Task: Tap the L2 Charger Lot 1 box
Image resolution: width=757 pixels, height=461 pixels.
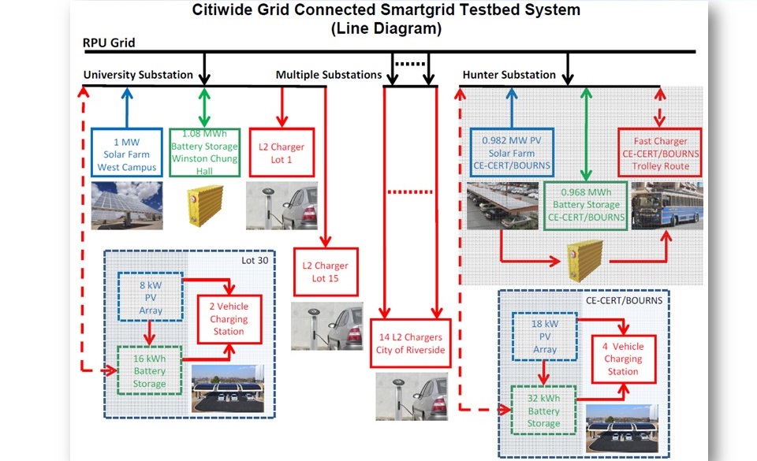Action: click(282, 152)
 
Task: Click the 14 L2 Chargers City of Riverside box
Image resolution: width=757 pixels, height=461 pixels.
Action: click(410, 343)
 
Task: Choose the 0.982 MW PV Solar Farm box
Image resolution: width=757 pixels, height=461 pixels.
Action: click(511, 152)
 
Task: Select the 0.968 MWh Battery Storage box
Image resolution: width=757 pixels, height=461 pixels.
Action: click(584, 206)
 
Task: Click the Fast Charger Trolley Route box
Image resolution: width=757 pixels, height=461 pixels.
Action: click(660, 152)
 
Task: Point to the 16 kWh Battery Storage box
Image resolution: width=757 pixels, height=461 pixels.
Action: click(150, 371)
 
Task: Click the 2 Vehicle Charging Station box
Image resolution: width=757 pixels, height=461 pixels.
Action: click(228, 319)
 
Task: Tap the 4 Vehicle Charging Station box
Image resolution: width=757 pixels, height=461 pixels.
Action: click(623, 359)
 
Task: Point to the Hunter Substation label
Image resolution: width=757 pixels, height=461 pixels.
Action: click(509, 75)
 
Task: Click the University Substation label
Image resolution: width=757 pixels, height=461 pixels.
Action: click(138, 75)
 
